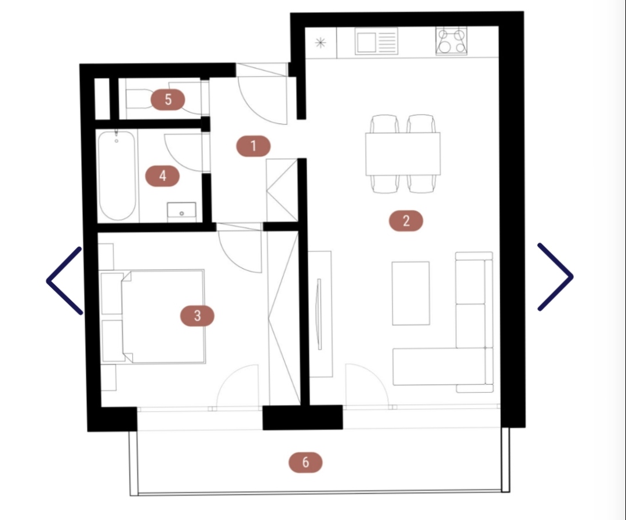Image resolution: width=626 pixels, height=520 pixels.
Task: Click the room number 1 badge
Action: [253, 146]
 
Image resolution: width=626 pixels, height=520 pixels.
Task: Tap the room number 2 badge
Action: [406, 221]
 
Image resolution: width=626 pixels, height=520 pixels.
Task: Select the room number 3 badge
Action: [197, 316]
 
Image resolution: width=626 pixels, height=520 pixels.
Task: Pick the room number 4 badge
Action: [162, 176]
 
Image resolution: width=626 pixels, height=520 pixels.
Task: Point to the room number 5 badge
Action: [168, 99]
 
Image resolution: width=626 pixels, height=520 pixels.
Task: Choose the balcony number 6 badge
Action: [305, 462]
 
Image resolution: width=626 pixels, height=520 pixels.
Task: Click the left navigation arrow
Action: [64, 280]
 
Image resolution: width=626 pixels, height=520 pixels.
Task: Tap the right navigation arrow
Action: [555, 276]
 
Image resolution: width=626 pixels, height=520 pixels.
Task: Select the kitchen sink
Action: [377, 41]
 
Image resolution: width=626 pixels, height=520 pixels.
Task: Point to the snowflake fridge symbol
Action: [320, 43]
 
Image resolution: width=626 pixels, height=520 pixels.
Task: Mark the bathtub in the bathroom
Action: [117, 175]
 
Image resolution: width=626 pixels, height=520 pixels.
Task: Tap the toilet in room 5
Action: [138, 98]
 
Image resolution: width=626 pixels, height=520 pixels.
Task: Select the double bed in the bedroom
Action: [163, 316]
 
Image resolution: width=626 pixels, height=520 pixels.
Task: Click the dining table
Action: [403, 153]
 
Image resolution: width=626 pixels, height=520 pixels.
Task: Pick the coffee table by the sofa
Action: [411, 293]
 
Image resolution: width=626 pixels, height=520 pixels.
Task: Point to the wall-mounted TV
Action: [319, 314]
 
